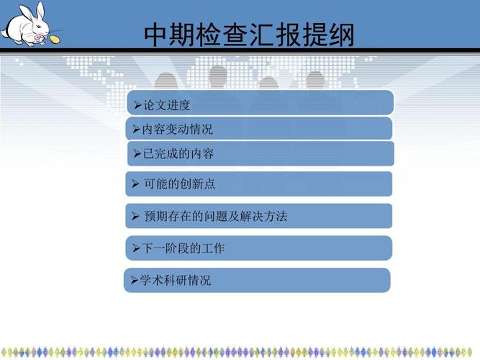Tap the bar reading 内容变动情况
[259, 129]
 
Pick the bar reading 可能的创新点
[259, 184]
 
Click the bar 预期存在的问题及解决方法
[259, 216]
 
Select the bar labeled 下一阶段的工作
[259, 248]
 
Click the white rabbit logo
[24, 24]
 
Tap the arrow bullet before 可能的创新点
[135, 184]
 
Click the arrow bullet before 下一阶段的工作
[136, 248]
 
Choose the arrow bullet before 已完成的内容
[138, 154]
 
